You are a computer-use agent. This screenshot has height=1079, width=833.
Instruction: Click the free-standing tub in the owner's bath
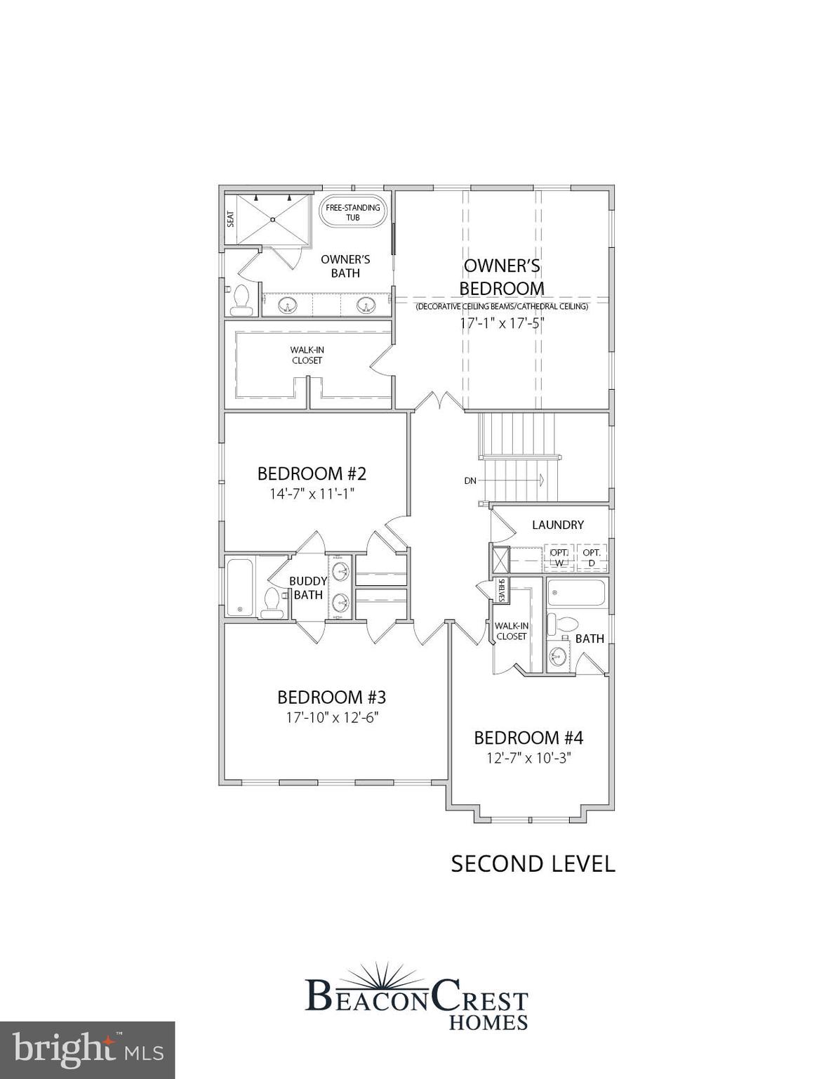(x=352, y=211)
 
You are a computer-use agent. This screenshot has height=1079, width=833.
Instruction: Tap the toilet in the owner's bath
(x=241, y=300)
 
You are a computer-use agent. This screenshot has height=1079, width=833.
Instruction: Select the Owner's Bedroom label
(x=502, y=277)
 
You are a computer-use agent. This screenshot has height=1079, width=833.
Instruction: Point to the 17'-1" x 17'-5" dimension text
(x=502, y=324)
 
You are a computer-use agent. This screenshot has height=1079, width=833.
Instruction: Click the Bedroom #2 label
(x=312, y=473)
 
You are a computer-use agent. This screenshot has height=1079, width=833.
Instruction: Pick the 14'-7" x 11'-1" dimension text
(x=312, y=494)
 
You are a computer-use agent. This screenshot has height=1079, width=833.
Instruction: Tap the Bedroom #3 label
(x=331, y=698)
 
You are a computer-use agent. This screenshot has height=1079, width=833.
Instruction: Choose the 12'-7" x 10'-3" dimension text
(x=528, y=758)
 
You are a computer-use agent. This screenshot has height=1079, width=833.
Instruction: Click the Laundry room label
(x=558, y=525)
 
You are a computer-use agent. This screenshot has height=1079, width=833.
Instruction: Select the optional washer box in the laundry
(x=560, y=558)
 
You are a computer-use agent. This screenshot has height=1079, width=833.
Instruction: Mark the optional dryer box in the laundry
(x=592, y=558)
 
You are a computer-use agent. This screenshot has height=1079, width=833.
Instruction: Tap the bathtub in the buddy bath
(x=239, y=586)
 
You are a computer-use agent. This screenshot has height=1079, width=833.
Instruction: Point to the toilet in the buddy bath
(x=272, y=603)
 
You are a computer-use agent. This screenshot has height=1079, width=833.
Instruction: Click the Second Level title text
(x=533, y=863)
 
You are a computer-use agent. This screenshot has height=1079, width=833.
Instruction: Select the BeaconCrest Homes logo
(x=417, y=998)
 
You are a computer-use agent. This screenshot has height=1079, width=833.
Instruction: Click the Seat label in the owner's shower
(x=230, y=219)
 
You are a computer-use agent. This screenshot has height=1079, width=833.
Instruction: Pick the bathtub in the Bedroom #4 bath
(x=575, y=593)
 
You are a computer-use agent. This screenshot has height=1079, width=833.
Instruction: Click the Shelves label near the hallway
(x=502, y=590)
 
